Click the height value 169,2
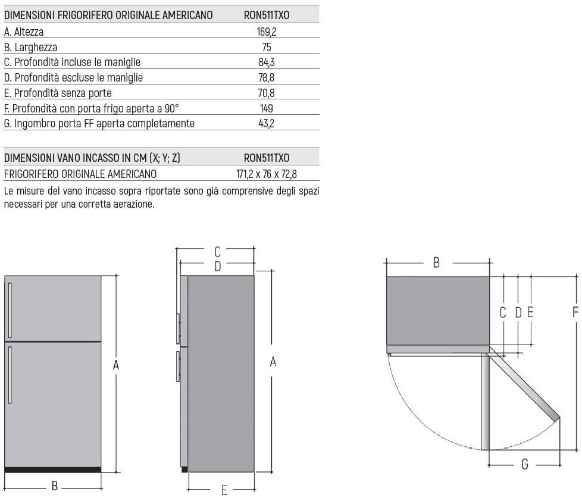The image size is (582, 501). pos(267,32)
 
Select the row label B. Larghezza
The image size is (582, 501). pos(30,48)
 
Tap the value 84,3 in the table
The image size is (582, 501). pos(267,62)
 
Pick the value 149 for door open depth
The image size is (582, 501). pos(267,108)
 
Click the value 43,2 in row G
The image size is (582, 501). pos(267,123)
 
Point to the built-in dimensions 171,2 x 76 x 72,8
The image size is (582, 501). pos(267,174)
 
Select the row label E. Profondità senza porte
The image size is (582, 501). pos(58,93)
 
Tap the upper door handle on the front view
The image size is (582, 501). pos(10,310)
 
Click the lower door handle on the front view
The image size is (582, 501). pos(10,375)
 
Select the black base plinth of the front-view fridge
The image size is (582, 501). pos(53,470)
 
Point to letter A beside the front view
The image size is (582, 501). pos(116,365)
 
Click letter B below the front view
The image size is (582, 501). pos(55,486)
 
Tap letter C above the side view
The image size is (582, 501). pos(218,252)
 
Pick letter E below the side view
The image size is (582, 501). pos(224,491)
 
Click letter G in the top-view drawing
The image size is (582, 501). pos(524,464)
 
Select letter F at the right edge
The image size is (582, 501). pos(575,312)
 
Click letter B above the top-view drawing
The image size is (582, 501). pos(437,263)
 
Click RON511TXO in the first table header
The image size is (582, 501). pos(267,15)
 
